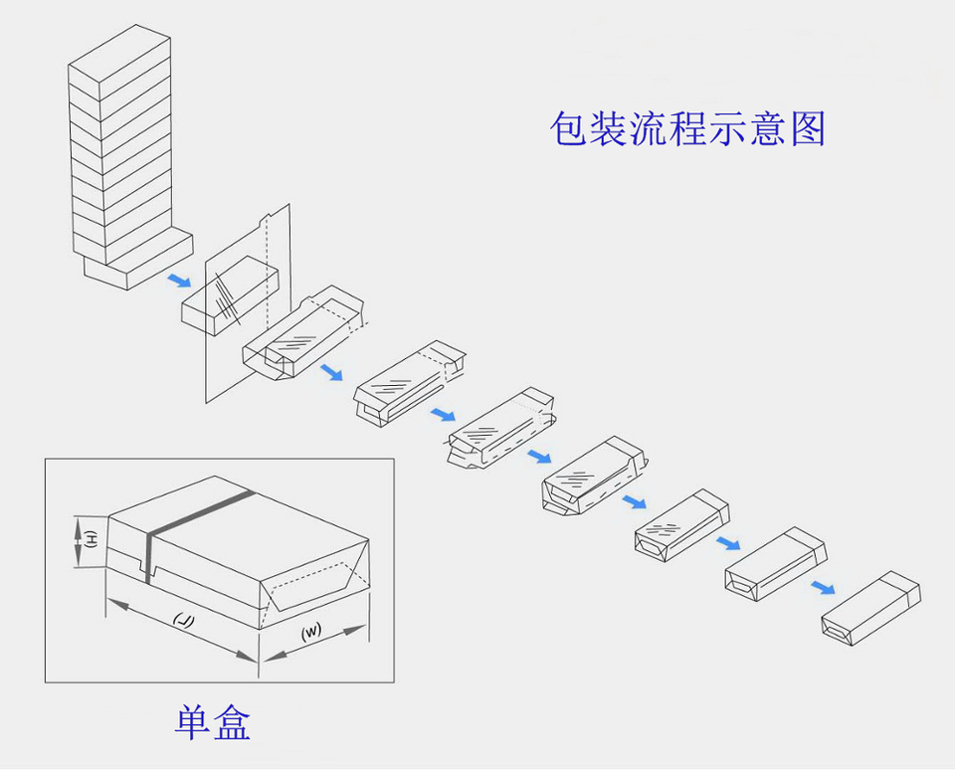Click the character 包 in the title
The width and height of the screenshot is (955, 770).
[x=569, y=129]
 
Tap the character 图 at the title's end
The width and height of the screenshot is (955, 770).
[x=807, y=129]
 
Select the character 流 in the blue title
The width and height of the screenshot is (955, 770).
[x=649, y=129]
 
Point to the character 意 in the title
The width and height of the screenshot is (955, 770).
[x=768, y=129]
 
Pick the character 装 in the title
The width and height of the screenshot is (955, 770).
[x=609, y=129]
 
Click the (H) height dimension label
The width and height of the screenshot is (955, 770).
[x=91, y=540]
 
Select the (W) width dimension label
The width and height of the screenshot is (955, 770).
[x=311, y=632]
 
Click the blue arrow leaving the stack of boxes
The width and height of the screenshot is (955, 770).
[x=178, y=281]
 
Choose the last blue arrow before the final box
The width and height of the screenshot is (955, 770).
[x=822, y=587]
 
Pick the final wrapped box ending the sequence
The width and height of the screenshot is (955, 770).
[x=870, y=604]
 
